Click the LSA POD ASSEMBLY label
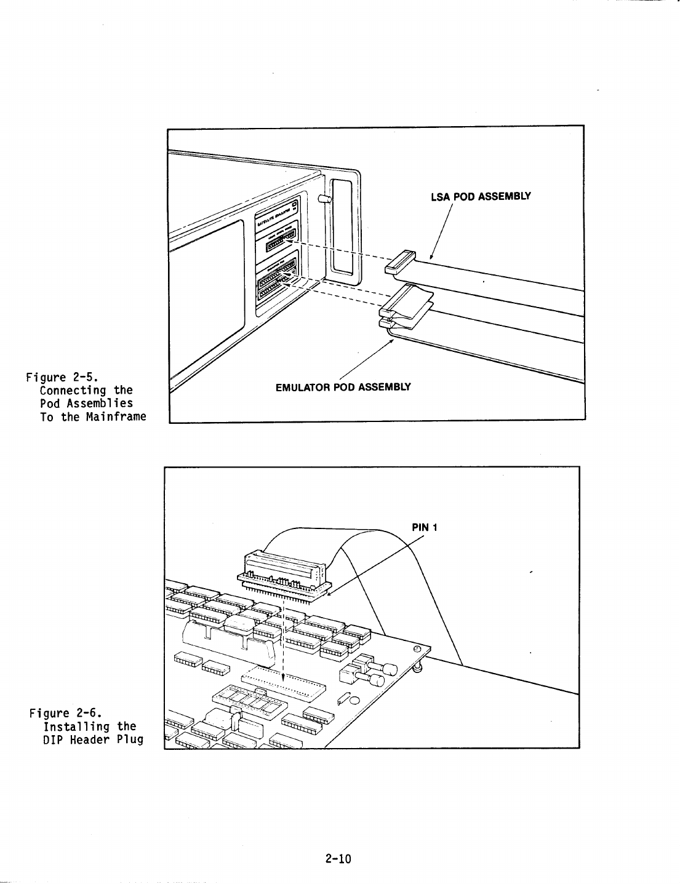(x=481, y=197)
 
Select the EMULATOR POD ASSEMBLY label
(x=343, y=387)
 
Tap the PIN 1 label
(x=424, y=527)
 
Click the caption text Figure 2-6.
(x=65, y=713)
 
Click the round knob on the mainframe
(x=324, y=199)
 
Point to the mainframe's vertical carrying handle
(x=343, y=228)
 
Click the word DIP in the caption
(x=54, y=739)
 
